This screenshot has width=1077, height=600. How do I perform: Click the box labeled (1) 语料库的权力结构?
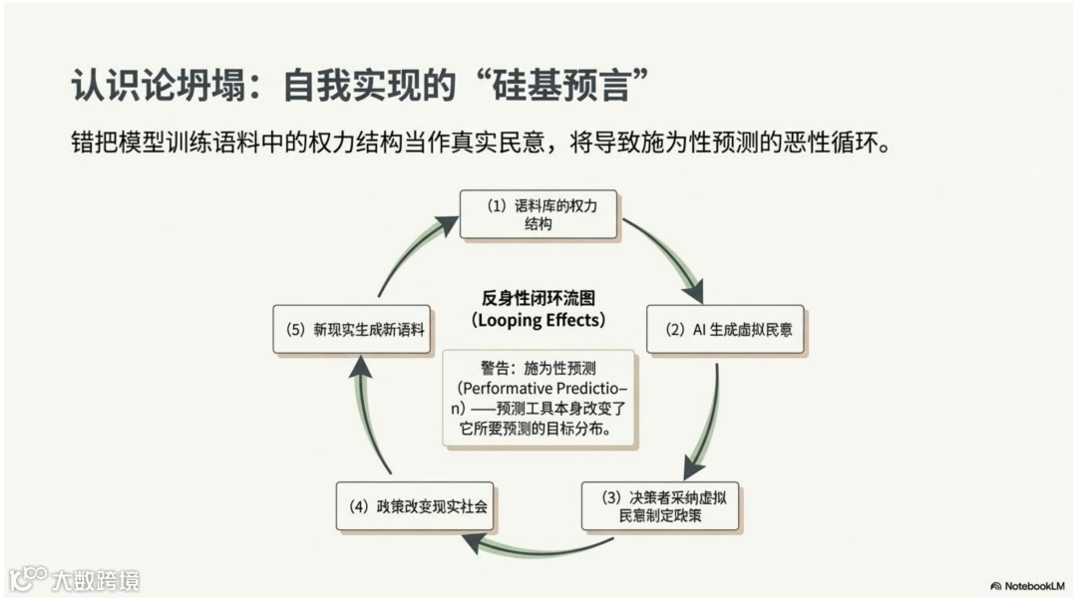point(538,214)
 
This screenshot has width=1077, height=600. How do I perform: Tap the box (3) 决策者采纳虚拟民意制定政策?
point(659,506)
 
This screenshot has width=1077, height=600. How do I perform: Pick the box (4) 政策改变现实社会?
point(413,506)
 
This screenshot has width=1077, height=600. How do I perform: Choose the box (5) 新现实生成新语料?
point(351,329)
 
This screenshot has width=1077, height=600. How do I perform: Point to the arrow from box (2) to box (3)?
point(706,419)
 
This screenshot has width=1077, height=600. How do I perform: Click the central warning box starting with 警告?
point(538,397)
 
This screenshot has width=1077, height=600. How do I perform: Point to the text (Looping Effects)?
point(538,321)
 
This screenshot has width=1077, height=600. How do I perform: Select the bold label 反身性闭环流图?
point(538,298)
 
